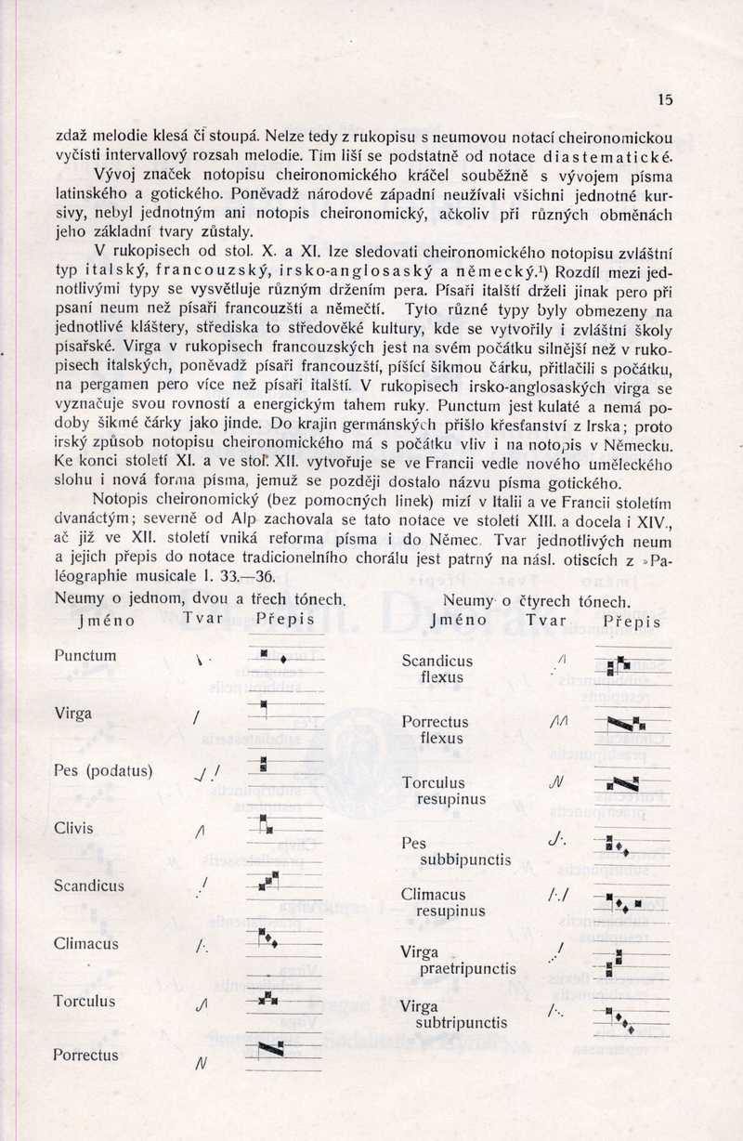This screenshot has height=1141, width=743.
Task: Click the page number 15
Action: [664, 99]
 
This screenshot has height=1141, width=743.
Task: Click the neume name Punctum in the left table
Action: [85, 655]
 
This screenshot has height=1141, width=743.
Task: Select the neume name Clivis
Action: [73, 828]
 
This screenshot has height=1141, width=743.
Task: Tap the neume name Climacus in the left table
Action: [85, 943]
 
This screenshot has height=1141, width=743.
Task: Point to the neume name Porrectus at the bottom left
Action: [85, 1056]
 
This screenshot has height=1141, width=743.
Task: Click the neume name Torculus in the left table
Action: [85, 1002]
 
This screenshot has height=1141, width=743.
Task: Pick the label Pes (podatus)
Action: [103, 770]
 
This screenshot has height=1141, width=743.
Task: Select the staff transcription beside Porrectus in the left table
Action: [271, 1049]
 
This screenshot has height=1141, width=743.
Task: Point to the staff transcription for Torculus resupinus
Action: [621, 783]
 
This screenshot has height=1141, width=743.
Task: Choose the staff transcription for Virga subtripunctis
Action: [619, 1018]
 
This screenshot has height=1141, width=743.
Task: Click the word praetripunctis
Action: [468, 968]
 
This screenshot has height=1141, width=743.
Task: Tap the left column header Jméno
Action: [107, 620]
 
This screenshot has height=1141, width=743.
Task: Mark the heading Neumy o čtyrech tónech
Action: [537, 601]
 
